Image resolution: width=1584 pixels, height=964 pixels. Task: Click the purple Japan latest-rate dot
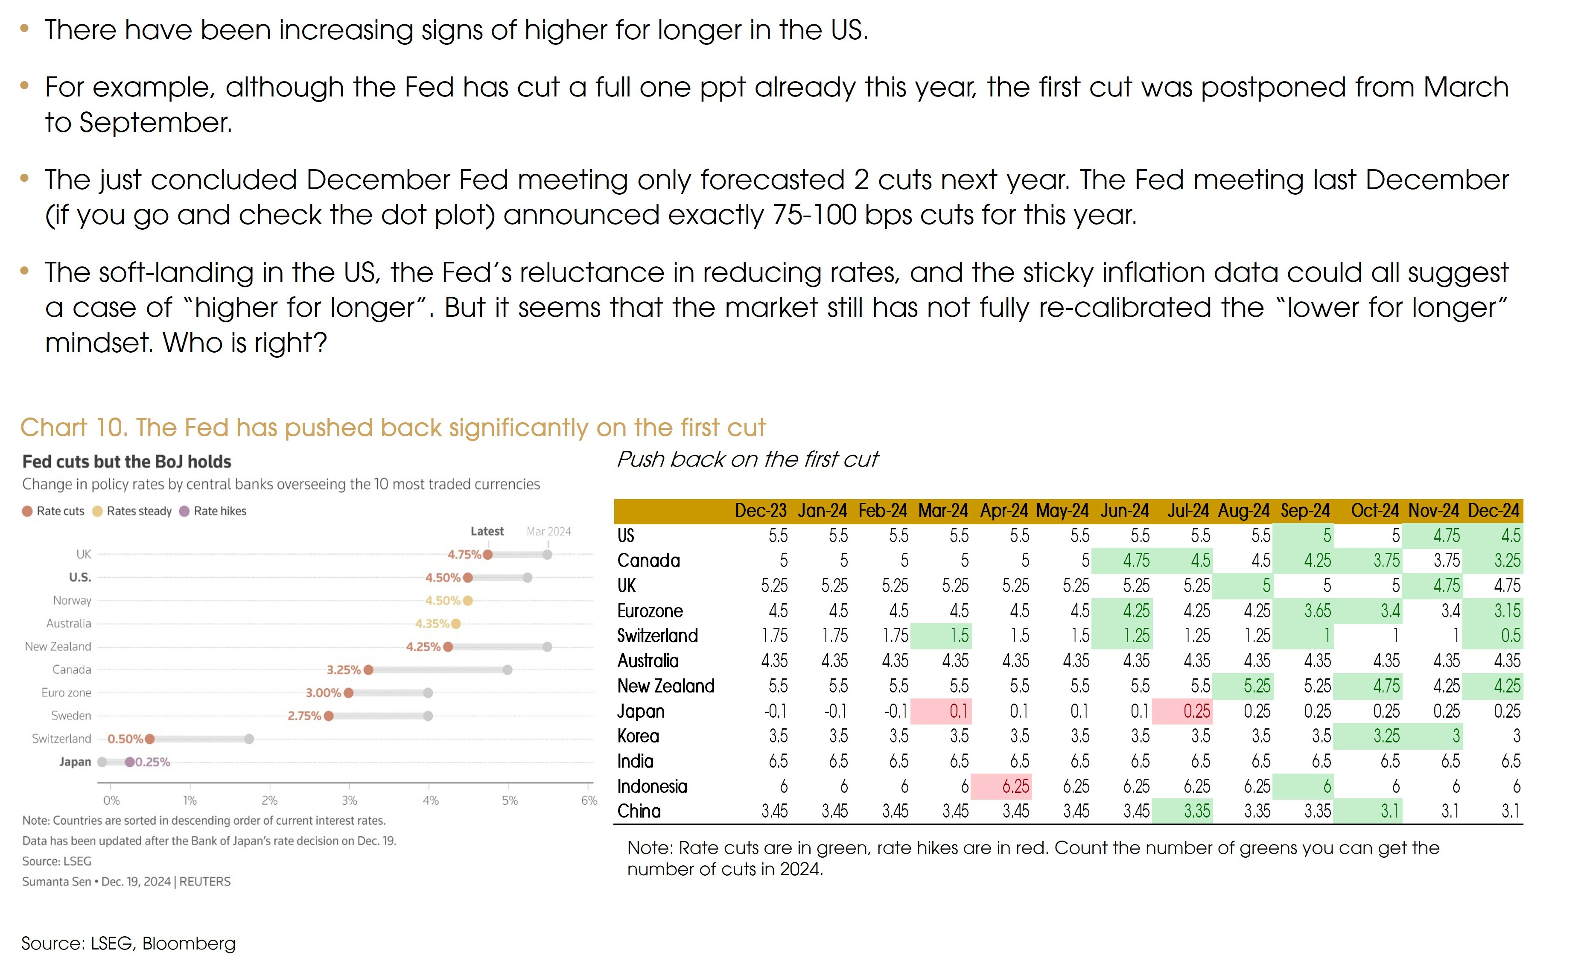tap(130, 762)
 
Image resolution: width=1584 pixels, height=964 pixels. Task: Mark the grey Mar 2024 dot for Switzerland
tap(249, 739)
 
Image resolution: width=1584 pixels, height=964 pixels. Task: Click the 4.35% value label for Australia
tap(432, 624)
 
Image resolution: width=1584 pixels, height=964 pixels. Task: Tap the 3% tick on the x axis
tap(349, 800)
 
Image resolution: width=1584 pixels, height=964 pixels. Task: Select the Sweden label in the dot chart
tap(71, 716)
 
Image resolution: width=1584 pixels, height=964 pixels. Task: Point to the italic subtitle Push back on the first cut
tap(747, 459)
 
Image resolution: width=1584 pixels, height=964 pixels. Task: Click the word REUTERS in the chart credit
tap(204, 882)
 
